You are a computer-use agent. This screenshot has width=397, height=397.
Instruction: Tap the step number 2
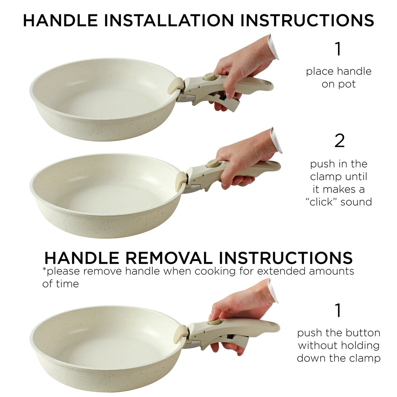[339, 141]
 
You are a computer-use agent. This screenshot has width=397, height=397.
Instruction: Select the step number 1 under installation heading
[338, 49]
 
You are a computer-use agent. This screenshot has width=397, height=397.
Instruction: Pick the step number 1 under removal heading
[338, 311]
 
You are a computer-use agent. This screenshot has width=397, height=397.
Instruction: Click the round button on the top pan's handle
[210, 76]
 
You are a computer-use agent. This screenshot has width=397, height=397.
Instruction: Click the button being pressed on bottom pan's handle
[214, 321]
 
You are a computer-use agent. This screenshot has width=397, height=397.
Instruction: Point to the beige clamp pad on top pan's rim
[176, 85]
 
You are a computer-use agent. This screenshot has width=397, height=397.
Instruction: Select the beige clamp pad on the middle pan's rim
[181, 181]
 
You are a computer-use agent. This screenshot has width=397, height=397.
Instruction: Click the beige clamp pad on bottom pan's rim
[180, 334]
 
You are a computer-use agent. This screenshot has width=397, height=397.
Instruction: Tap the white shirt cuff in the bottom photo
[273, 291]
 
